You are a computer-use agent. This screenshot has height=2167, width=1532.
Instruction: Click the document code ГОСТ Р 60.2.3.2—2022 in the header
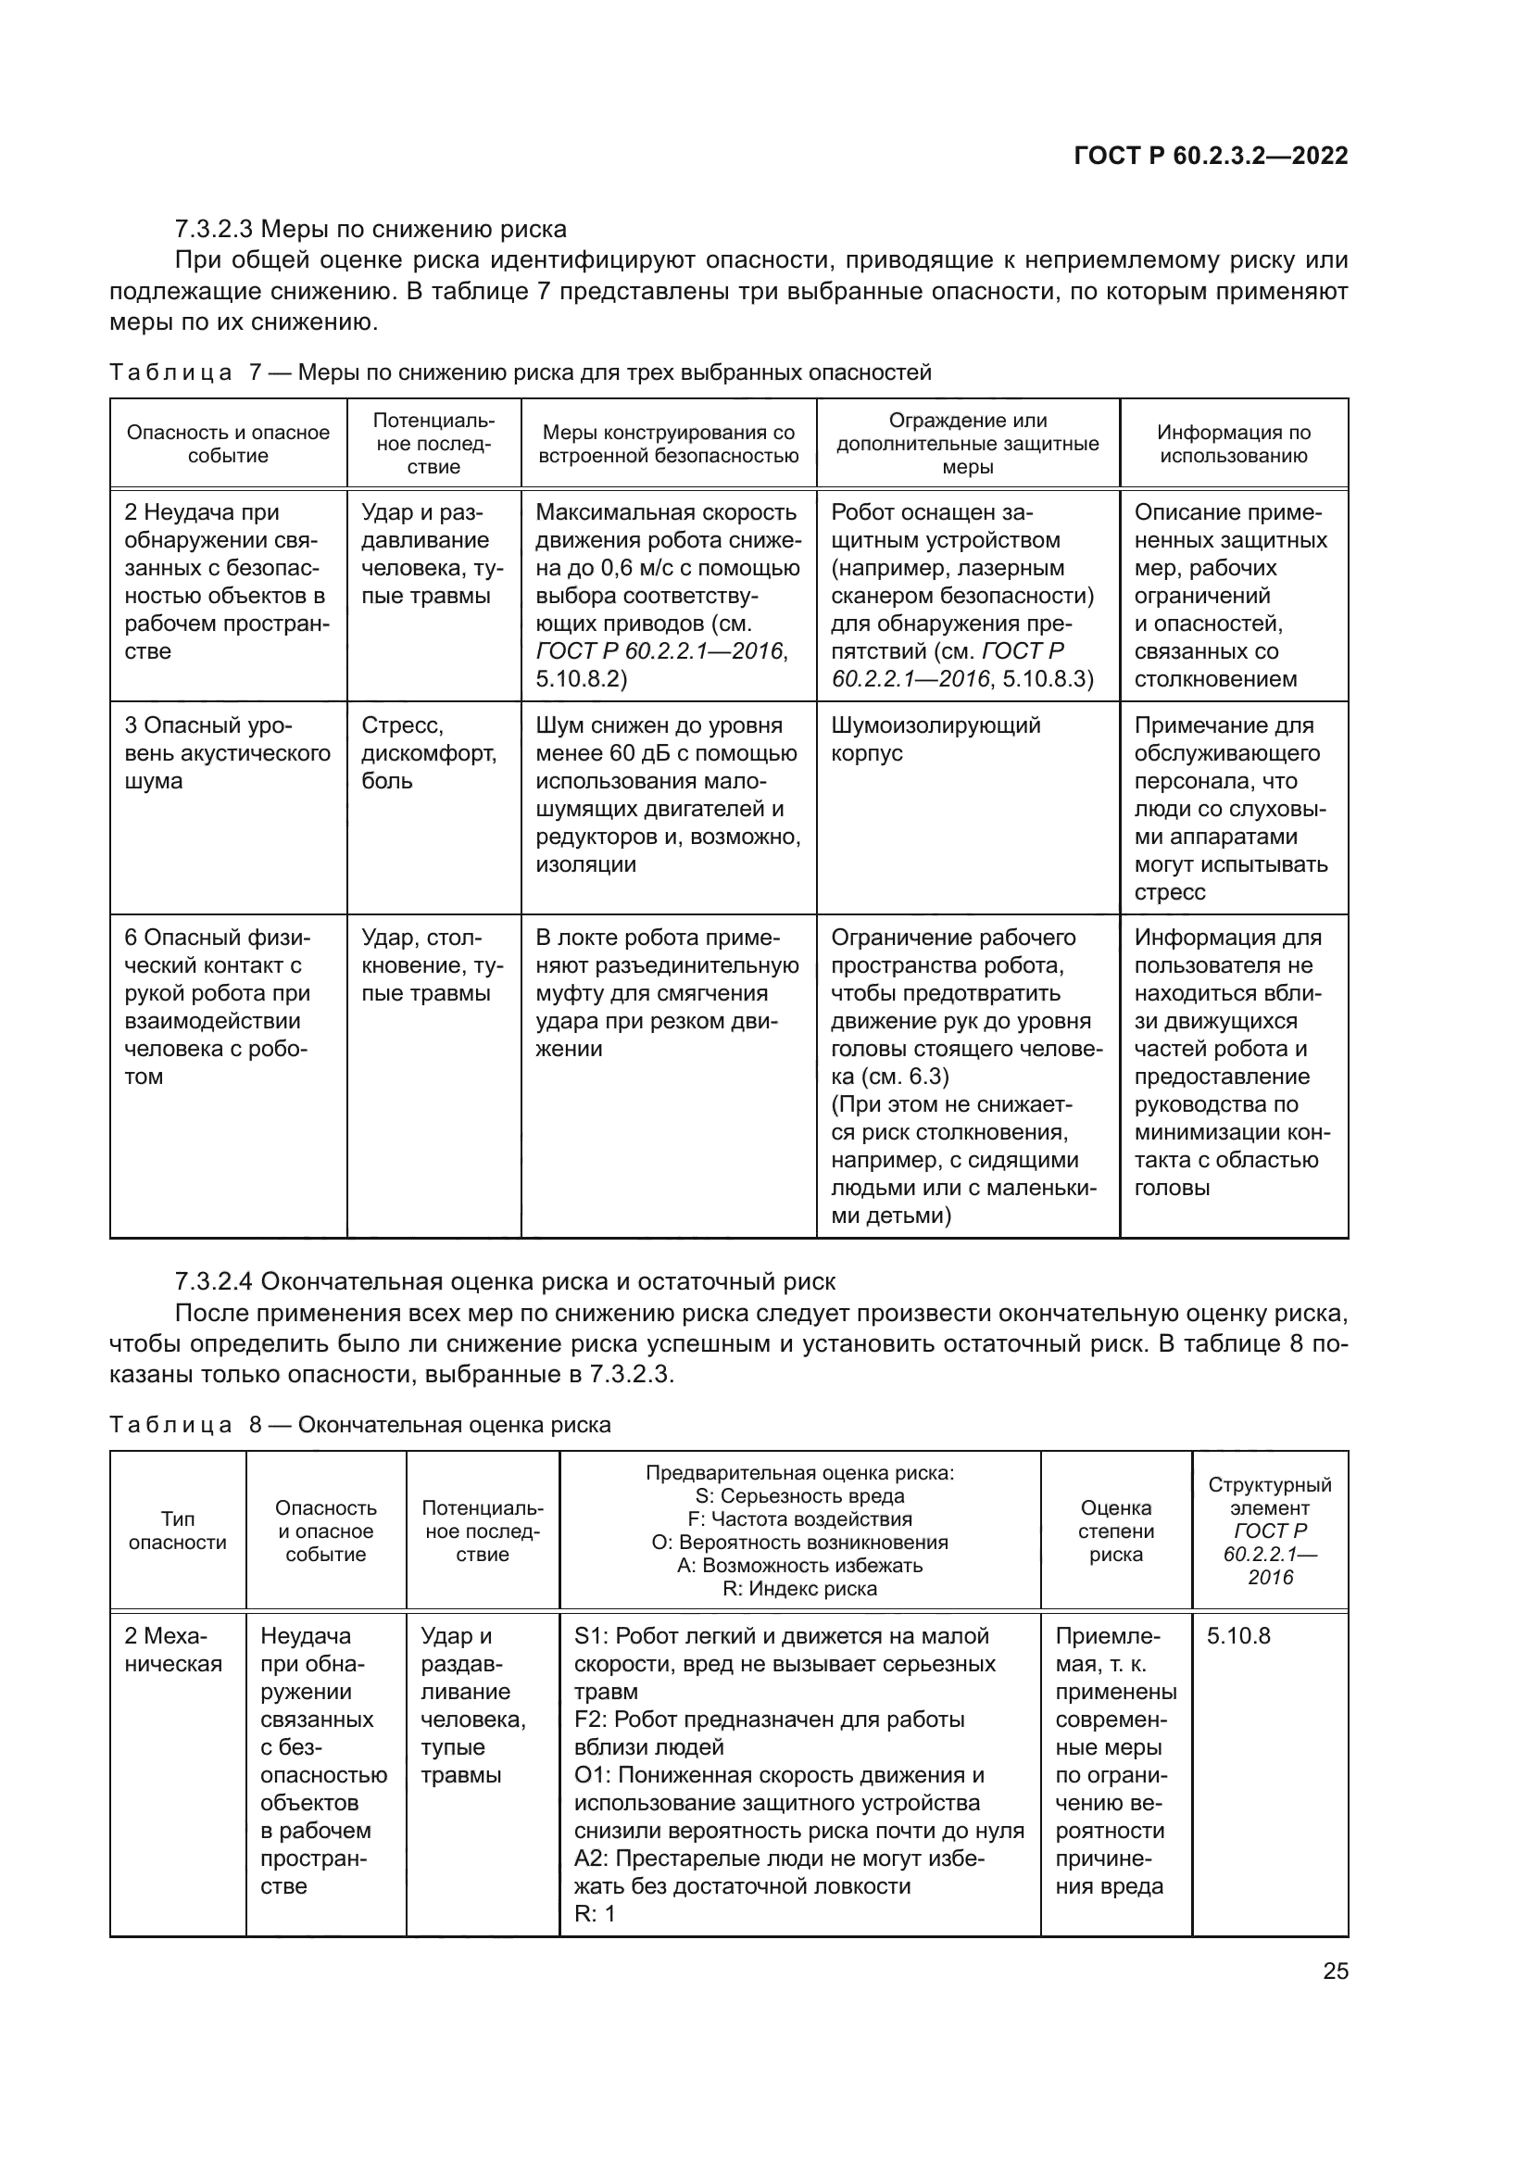[1211, 156]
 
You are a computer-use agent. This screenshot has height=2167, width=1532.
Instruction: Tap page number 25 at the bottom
[1335, 1971]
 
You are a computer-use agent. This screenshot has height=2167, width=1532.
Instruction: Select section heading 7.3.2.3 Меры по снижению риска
[370, 229]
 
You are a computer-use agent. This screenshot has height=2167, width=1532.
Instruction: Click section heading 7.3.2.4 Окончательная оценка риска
[505, 1281]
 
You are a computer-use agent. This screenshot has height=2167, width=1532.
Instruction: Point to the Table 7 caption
[520, 372]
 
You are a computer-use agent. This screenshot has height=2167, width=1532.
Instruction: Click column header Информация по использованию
[1233, 444]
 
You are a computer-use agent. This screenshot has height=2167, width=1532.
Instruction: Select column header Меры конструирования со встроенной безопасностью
[668, 444]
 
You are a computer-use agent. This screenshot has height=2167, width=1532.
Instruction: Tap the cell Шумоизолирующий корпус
[935, 739]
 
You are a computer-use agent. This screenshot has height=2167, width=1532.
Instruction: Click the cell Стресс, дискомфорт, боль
[428, 753]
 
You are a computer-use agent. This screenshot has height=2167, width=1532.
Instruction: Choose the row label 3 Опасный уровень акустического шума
[227, 753]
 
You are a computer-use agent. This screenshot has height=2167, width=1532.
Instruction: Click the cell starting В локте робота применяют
[666, 993]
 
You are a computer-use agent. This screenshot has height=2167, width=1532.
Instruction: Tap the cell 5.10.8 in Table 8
[1237, 1635]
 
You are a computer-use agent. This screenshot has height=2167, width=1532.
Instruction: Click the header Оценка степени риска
[1115, 1531]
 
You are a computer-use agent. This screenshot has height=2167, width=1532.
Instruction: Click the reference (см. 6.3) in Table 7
[889, 1077]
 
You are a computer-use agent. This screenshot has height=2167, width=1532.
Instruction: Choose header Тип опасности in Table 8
[177, 1531]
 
